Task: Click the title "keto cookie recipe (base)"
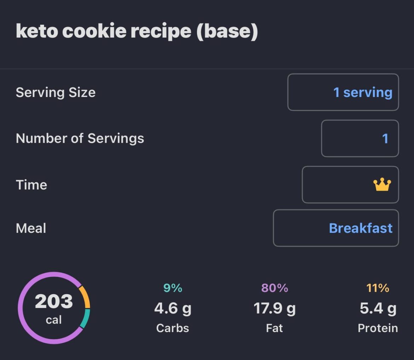tap(137, 32)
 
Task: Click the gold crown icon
tap(382, 185)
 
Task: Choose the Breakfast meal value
tap(360, 228)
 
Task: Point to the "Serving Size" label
tap(56, 92)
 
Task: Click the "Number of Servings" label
tap(80, 138)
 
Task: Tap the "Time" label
tap(31, 185)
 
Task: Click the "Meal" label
tap(31, 228)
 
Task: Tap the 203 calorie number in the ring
tap(54, 302)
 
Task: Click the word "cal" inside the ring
tap(54, 320)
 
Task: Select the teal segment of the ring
tap(85, 318)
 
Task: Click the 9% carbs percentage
tap(173, 288)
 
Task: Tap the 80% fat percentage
tap(274, 288)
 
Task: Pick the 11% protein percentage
tap(378, 288)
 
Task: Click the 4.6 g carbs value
tap(173, 309)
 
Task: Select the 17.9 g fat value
tap(274, 309)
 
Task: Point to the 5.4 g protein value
tap(378, 309)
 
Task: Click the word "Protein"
tap(378, 328)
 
